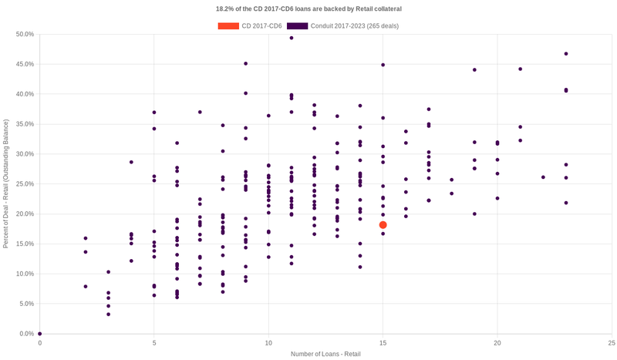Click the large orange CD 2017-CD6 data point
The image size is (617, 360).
point(383,225)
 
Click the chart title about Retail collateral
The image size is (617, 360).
point(308,8)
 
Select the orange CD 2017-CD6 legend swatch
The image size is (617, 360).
point(228,26)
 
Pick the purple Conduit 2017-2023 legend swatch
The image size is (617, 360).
point(297,26)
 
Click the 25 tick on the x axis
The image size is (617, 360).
point(611,342)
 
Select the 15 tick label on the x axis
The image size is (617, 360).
point(383,342)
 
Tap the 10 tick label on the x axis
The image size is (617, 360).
point(268,342)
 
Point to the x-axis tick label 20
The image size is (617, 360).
point(497,342)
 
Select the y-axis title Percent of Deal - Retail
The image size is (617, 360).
point(6,183)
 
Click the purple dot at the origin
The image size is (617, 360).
point(40,334)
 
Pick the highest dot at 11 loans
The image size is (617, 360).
point(291,38)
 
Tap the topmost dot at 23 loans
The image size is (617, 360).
point(566,54)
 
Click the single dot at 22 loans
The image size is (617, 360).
point(543,177)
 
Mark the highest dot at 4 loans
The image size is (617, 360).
point(131,162)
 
